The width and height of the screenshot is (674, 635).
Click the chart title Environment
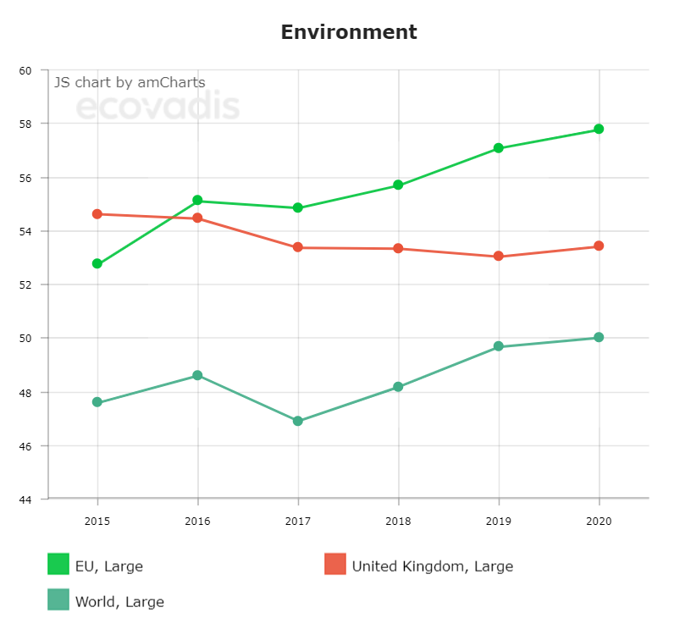349,32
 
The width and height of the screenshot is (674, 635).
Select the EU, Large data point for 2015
97,263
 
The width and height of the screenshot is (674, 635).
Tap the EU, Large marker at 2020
599,129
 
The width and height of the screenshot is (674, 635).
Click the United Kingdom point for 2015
97,214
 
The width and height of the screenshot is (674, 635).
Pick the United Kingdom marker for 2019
499,256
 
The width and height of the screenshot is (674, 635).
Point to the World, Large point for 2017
298,421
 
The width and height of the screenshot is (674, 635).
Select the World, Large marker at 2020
599,337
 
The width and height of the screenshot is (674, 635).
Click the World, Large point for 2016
197,375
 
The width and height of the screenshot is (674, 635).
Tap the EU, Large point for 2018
398,185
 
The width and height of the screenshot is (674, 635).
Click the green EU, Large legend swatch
58,564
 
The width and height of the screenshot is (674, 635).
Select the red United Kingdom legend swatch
335,564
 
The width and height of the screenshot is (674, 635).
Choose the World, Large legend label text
119,602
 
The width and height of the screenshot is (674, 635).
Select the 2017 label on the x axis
298,522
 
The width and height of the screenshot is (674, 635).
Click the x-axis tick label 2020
599,522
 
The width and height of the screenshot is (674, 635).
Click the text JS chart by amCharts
130,82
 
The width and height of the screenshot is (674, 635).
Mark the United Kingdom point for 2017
298,247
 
